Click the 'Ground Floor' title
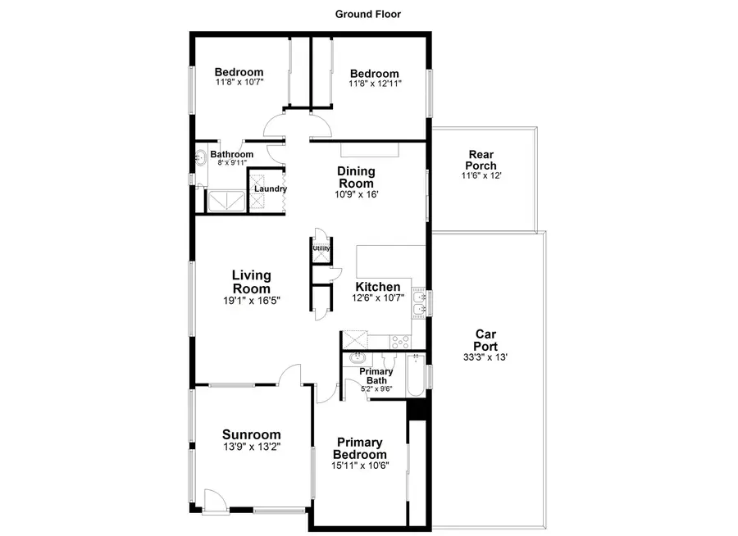tap(368, 14)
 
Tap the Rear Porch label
tap(481, 160)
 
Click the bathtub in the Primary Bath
tap(416, 375)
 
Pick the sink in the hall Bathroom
tap(200, 157)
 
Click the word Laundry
tap(270, 189)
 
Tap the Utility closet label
tap(321, 248)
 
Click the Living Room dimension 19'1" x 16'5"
tap(251, 300)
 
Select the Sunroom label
tap(251, 435)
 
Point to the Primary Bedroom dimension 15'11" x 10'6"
tap(360, 465)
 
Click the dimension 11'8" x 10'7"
tap(239, 83)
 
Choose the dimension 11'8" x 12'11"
tap(375, 84)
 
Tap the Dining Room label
tap(356, 177)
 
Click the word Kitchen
tap(377, 287)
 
